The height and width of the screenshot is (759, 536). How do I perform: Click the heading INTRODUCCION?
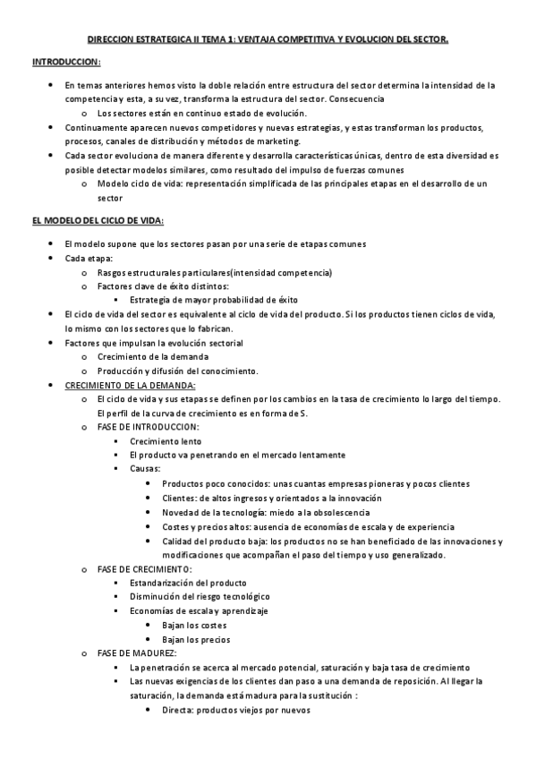pos(66,62)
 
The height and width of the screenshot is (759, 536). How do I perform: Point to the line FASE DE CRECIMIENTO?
pos(144,568)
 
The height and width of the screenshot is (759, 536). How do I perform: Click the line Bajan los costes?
pos(194,625)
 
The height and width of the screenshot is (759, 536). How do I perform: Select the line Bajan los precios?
pos(195,639)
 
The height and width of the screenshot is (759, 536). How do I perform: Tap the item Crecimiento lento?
pos(166,441)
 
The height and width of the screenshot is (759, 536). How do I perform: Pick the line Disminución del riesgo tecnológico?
pos(200,596)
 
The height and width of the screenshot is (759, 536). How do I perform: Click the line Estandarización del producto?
pos(188,582)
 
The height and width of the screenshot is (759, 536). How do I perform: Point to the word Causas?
pos(145,469)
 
